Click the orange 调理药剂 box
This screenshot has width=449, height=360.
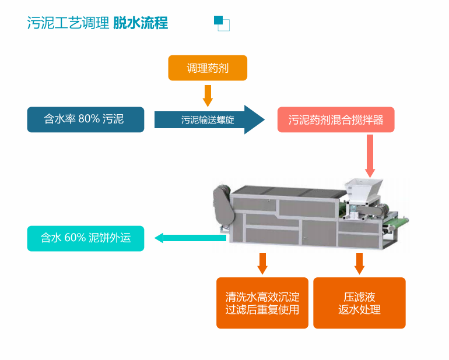click(208, 68)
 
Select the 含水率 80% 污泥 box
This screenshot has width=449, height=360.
click(86, 119)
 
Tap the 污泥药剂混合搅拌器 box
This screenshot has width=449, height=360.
click(336, 120)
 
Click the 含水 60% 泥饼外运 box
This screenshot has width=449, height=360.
click(85, 238)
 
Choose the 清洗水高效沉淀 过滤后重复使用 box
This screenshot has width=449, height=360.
click(262, 303)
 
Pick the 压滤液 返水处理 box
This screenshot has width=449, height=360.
click(359, 303)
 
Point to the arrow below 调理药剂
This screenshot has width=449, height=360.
click(208, 95)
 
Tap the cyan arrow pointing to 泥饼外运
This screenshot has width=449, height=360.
click(190, 238)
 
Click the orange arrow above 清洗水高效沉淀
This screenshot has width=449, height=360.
click(262, 263)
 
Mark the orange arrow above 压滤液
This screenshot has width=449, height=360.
click(359, 263)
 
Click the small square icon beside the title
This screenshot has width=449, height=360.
click(222, 23)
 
